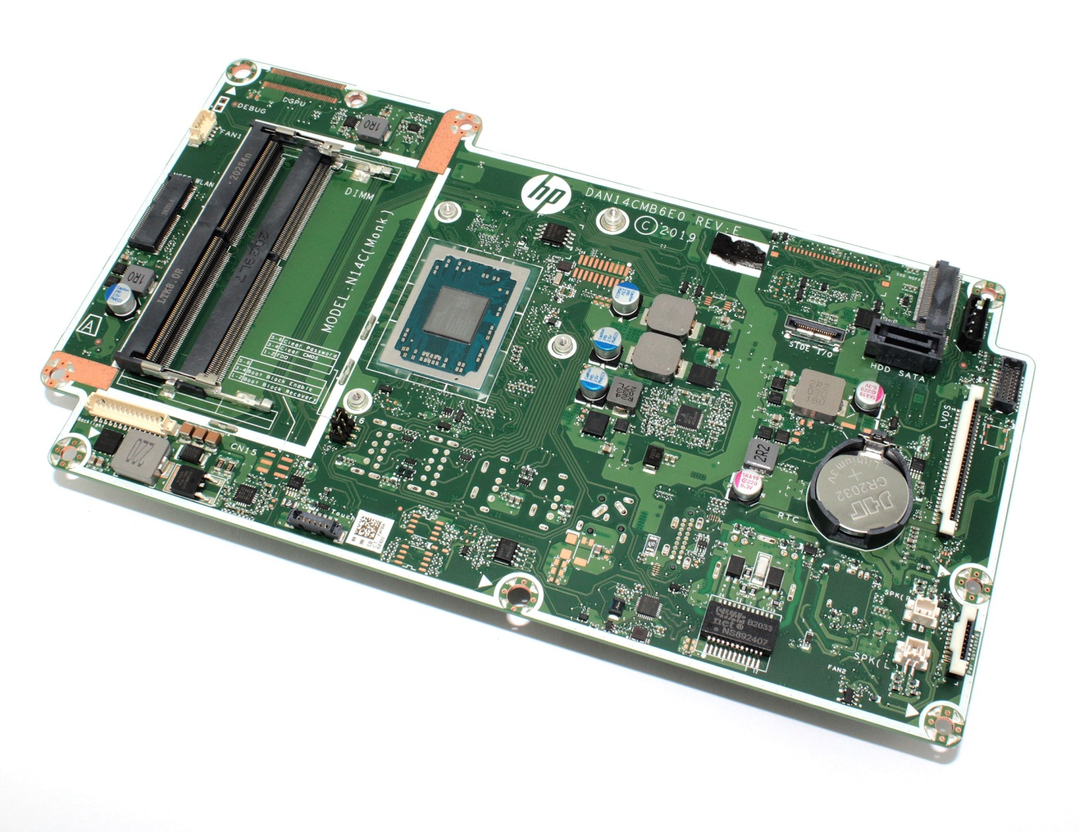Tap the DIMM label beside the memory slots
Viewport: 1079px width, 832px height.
359,196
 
